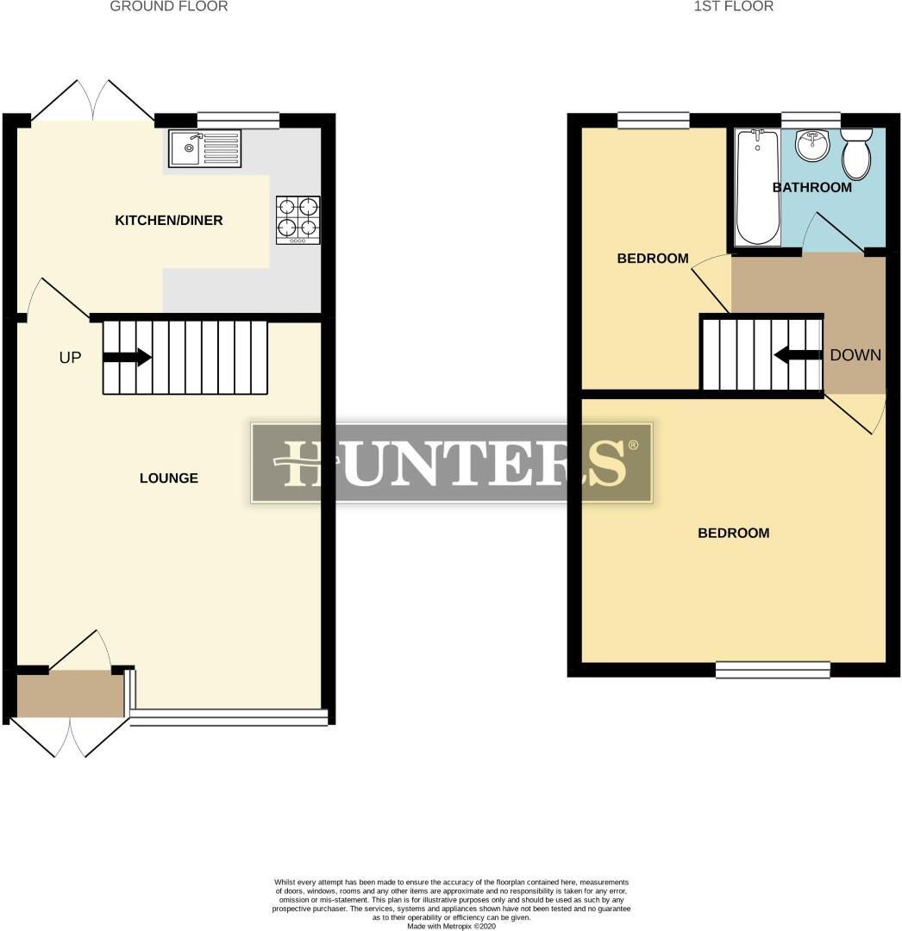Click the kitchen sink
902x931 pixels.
(206, 147)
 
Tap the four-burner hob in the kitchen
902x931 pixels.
(298, 219)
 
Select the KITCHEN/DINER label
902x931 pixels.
(169, 221)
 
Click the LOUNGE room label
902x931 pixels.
(169, 478)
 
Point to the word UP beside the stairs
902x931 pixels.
(70, 357)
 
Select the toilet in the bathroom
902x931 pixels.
(856, 153)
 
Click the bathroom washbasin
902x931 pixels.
(811, 146)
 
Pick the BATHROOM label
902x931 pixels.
(811, 187)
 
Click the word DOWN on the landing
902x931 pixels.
(855, 355)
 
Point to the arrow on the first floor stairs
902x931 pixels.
(799, 354)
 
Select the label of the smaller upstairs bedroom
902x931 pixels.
(653, 259)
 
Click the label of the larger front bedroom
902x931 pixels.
(733, 534)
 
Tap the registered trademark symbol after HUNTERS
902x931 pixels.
(633, 445)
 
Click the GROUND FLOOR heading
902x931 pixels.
(169, 7)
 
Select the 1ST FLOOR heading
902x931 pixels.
(733, 7)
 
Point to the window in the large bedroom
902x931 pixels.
(773, 669)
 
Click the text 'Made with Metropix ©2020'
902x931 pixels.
(451, 926)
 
